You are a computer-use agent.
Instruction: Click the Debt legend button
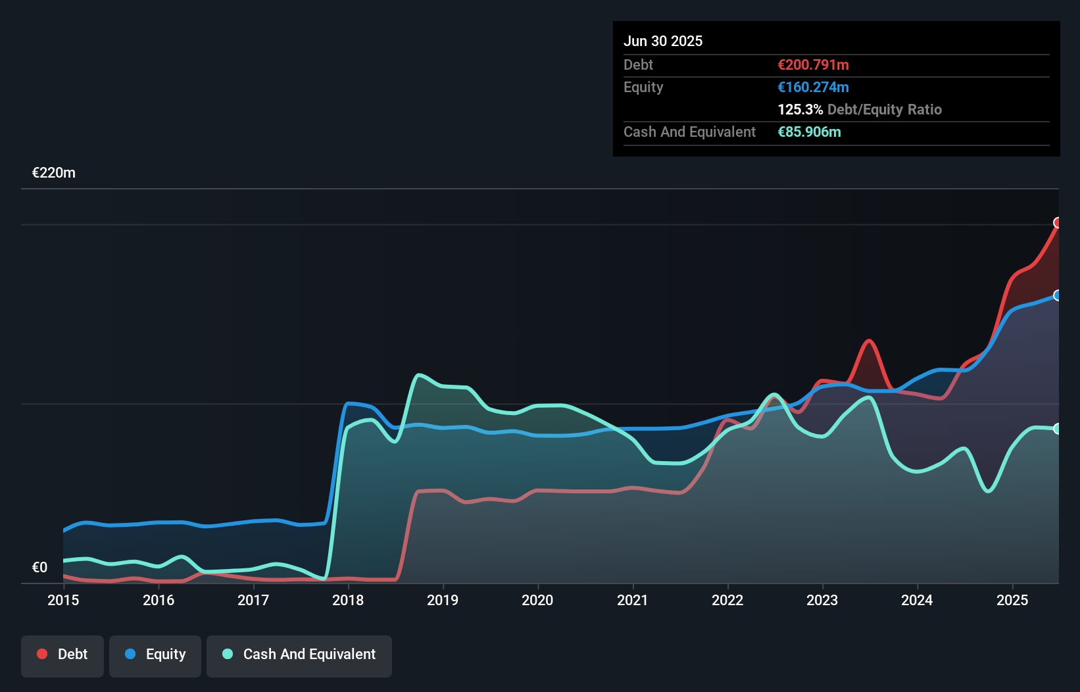click(x=62, y=655)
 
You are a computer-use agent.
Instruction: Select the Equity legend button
click(x=155, y=655)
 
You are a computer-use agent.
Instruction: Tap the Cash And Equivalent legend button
click(x=299, y=655)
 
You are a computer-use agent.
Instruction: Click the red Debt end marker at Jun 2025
click(x=1058, y=223)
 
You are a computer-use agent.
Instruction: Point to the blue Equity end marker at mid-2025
click(x=1058, y=295)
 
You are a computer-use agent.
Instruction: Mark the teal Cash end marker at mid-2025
click(x=1058, y=429)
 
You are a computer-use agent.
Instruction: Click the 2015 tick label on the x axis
click(x=63, y=600)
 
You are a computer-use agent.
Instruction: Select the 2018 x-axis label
click(x=348, y=600)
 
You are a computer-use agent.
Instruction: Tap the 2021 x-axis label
click(x=632, y=600)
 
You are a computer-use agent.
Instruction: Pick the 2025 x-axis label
click(x=1012, y=600)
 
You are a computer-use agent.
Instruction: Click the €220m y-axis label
click(x=54, y=173)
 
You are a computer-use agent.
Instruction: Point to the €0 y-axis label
click(x=39, y=567)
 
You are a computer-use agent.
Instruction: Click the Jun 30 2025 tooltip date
click(x=663, y=41)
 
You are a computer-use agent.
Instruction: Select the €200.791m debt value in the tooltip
click(x=813, y=64)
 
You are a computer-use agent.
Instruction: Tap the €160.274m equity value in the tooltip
click(x=813, y=87)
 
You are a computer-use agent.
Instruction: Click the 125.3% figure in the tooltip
click(x=800, y=109)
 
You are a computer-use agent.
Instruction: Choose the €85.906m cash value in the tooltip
click(x=809, y=132)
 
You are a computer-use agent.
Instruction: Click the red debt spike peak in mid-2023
click(x=869, y=341)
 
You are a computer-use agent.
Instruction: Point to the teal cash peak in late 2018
click(x=418, y=375)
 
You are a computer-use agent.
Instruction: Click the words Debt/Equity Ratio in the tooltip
click(x=884, y=109)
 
